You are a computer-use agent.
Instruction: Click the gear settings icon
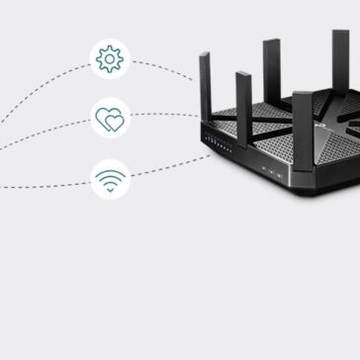pyautogui.click(x=110, y=58)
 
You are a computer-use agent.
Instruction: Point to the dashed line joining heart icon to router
pyautogui.click(x=163, y=116)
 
